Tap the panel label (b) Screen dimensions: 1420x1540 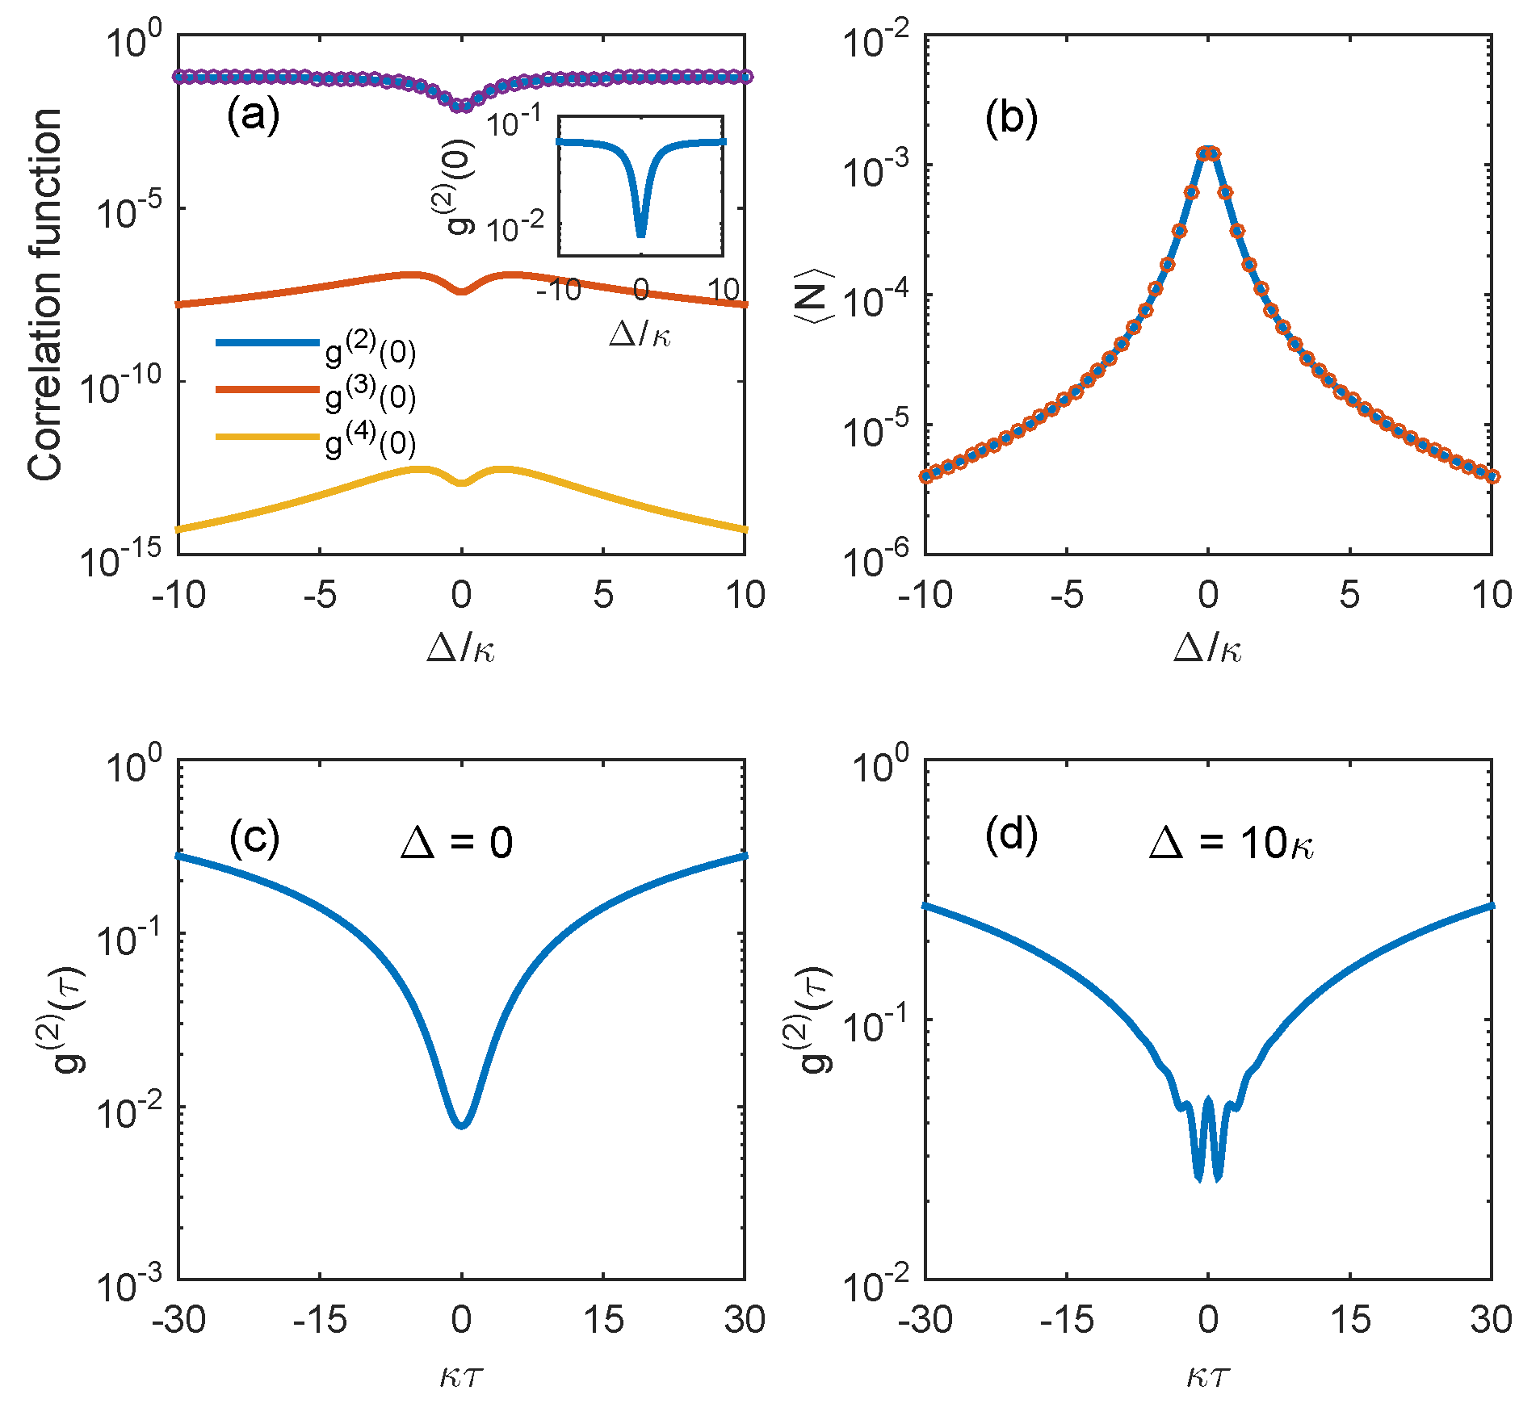[x=1011, y=119]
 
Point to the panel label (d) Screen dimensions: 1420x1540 [x=1011, y=836]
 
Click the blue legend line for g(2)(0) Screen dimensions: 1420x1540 [x=267, y=343]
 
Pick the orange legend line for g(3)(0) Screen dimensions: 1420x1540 [x=267, y=390]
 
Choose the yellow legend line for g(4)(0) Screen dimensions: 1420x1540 [x=267, y=437]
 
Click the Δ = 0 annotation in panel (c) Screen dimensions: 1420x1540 [x=457, y=844]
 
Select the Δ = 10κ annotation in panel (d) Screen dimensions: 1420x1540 [x=1232, y=844]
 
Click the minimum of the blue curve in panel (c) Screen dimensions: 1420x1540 [x=461, y=1124]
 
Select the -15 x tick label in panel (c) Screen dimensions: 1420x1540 [x=320, y=1320]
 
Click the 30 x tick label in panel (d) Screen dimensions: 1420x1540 [x=1491, y=1320]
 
